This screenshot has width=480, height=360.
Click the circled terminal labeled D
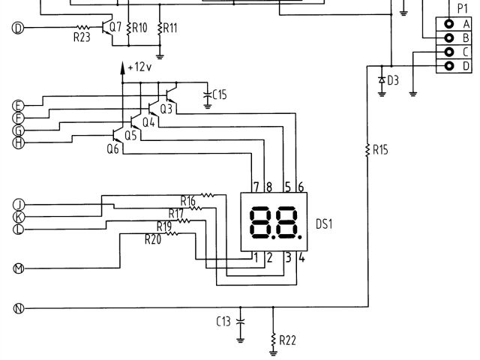coord(19,28)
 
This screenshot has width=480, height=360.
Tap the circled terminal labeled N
coord(19,307)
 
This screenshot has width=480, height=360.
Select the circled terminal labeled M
coord(19,267)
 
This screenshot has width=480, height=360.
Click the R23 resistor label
coord(82,38)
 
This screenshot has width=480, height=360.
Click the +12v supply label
coord(139,67)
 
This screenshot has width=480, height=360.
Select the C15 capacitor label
coord(220,94)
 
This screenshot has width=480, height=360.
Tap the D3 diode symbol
coord(382,79)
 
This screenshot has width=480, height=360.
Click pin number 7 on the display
coord(256,186)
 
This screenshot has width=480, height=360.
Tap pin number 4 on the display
coord(301,258)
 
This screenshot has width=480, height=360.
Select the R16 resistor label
coord(188,200)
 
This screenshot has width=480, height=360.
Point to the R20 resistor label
coord(153,239)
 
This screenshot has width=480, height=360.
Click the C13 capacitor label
coord(223,322)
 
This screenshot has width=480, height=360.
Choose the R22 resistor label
coord(288,340)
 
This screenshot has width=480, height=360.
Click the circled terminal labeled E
coord(19,105)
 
